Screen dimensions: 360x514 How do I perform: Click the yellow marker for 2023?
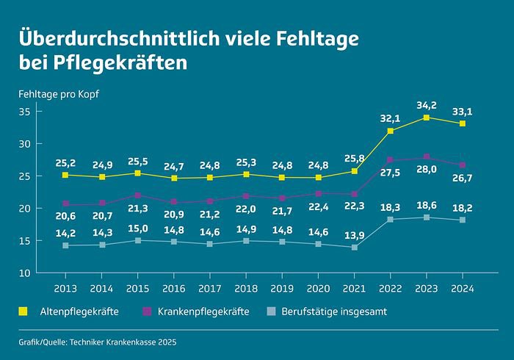(427, 118)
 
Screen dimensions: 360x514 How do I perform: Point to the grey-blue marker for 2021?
(355, 248)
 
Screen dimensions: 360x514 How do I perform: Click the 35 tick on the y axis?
(26, 112)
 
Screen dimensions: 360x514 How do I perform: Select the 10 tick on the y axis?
(26, 273)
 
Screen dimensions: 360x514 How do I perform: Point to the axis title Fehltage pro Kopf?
(59, 95)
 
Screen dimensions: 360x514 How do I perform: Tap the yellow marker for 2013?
(66, 176)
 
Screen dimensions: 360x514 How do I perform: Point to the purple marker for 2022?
(391, 160)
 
